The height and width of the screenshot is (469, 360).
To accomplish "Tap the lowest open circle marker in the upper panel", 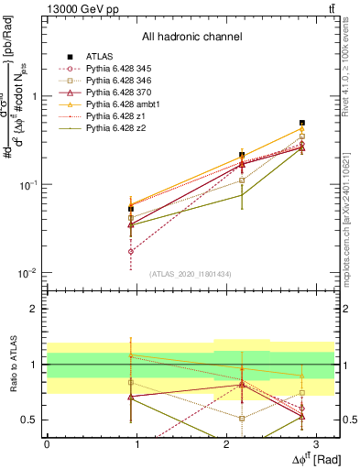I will pyautogui.click(x=131, y=251).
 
